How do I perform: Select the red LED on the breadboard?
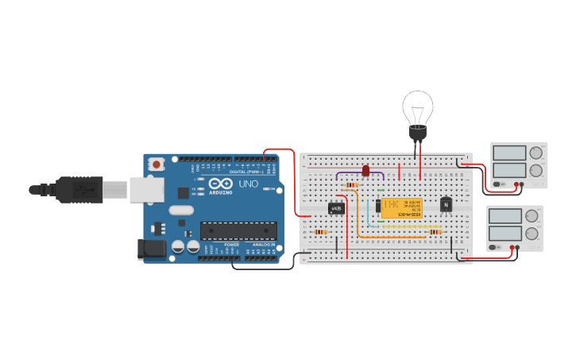coord(365,170)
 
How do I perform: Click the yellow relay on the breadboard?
coord(401,207)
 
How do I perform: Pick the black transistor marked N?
coord(446,205)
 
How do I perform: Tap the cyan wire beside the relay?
coord(368,213)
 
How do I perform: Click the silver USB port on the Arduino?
coord(147,189)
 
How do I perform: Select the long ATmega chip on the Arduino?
coord(238,230)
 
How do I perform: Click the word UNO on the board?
coord(249,184)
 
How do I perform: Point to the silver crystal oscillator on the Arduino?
coord(180,211)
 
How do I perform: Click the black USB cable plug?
coord(80,189)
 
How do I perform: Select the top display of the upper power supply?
coord(508,152)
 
